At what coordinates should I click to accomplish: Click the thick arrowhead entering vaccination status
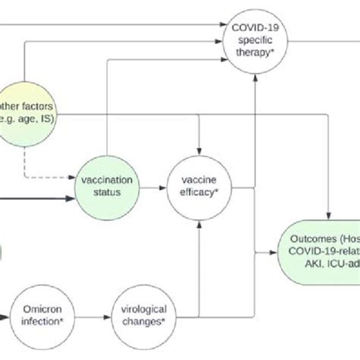click(73, 200)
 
